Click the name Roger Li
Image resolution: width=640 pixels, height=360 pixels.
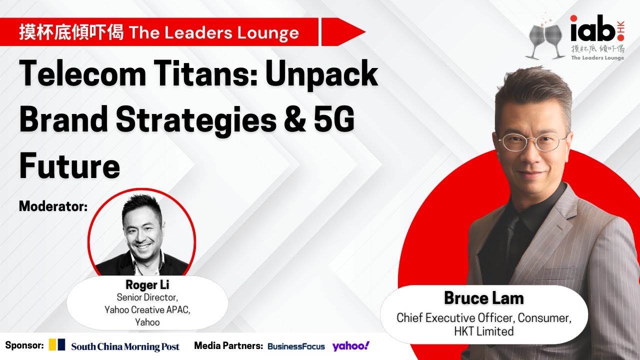point(147,285)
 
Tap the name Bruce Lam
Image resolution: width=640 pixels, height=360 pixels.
point(483,298)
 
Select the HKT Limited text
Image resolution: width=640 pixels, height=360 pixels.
point(483,331)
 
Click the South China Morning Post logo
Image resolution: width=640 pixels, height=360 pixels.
point(125,346)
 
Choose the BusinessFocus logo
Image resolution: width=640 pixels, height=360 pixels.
point(296,346)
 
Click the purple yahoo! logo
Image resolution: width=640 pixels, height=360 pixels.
point(350,345)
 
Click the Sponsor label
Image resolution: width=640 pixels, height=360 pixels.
point(24,345)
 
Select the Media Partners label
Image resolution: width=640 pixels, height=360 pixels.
point(228,345)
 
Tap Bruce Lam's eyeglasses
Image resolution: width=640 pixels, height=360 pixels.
point(533,141)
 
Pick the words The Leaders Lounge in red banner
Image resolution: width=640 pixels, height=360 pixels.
point(214,33)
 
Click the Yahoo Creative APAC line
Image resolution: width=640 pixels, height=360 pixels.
point(147,310)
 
